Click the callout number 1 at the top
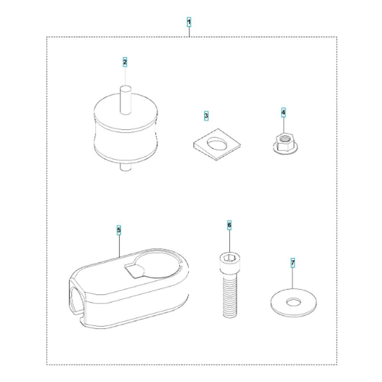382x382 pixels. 189,22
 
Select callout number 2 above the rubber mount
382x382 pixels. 125,62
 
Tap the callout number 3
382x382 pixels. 206,116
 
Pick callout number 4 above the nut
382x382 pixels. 283,113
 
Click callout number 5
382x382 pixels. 119,230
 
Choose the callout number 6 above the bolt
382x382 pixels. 229,225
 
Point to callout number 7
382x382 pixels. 293,263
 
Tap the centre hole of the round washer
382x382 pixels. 293,303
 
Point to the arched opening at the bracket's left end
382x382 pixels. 76,298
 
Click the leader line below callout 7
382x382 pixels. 293,278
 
